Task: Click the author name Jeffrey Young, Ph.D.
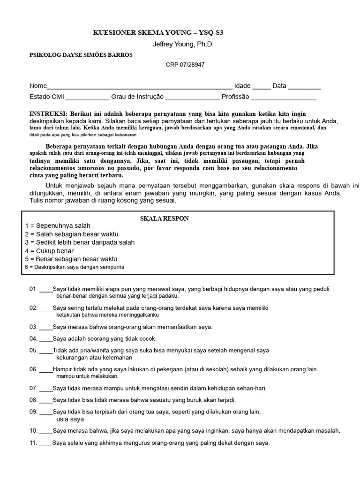point(183,44)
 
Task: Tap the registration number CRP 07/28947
point(185,65)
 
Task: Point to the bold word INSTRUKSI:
point(49,114)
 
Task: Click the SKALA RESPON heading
point(165,219)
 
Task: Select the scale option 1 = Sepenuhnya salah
point(58,226)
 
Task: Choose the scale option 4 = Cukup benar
point(49,251)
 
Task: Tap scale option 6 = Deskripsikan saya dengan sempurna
point(75,267)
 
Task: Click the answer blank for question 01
point(46,290)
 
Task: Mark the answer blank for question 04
point(46,338)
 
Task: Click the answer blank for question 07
point(46,389)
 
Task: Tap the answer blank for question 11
point(46,443)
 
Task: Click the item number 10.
point(33,431)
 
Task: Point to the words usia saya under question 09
point(70,419)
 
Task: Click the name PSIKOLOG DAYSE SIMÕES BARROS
point(81,55)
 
